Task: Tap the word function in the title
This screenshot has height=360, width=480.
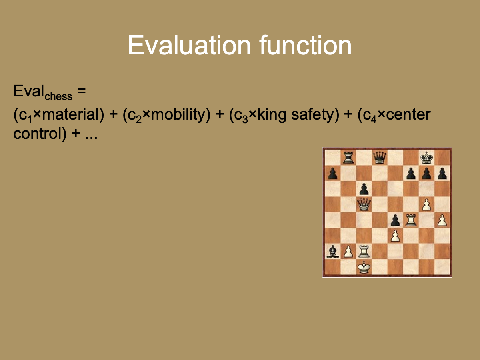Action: click(x=305, y=46)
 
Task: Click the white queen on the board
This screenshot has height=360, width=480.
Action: click(x=364, y=204)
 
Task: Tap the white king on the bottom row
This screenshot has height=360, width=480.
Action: click(x=364, y=267)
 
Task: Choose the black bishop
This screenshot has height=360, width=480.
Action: click(x=332, y=252)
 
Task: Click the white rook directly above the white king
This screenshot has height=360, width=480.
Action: click(x=364, y=252)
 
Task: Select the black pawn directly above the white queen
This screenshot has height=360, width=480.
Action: click(x=364, y=188)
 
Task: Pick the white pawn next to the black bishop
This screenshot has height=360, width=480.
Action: click(x=348, y=252)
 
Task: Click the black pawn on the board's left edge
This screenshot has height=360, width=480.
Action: click(x=332, y=173)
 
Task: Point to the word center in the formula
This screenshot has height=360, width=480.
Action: click(x=408, y=115)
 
